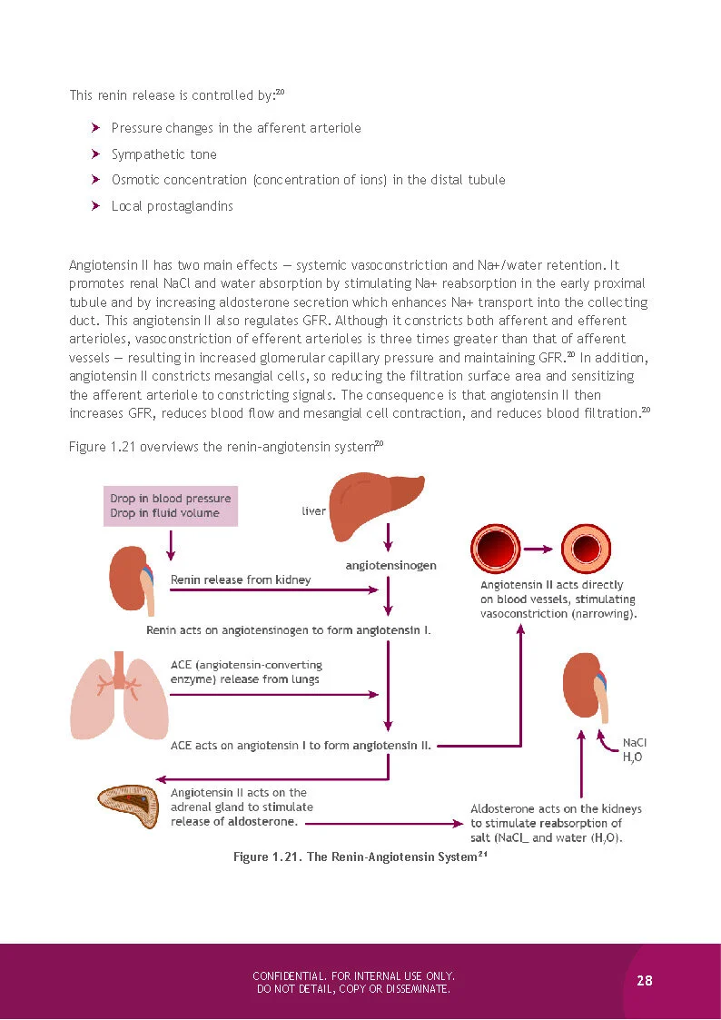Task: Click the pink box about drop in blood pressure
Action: coord(171,506)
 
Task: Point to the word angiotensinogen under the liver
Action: coord(390,565)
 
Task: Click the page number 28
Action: coord(645,980)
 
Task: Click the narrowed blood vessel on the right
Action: coord(584,549)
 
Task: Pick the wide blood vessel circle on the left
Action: coord(496,549)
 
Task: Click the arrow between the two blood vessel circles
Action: coord(540,549)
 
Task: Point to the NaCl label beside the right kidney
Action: coord(635,742)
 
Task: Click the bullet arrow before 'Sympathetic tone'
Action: coord(95,154)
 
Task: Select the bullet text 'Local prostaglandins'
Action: coord(172,206)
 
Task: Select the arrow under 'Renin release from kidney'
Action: coord(272,590)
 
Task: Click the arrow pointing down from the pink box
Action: coord(171,543)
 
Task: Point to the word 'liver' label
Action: coord(313,511)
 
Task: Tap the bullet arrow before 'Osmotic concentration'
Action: coord(95,180)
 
